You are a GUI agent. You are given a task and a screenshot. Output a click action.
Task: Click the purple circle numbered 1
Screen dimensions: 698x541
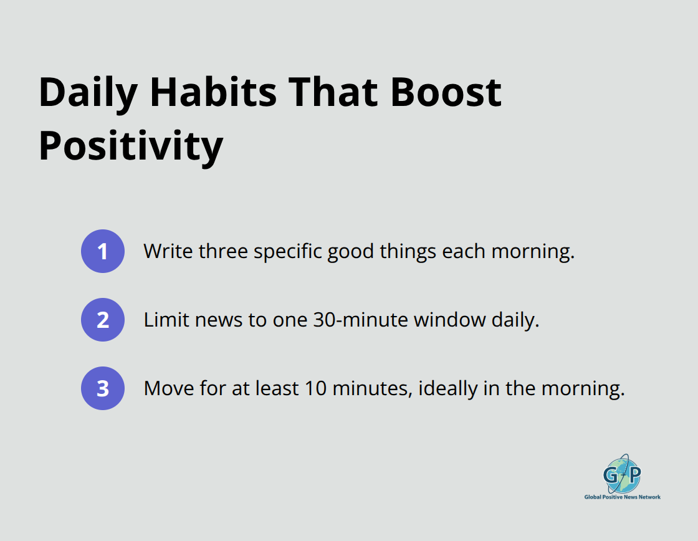pyautogui.click(x=103, y=251)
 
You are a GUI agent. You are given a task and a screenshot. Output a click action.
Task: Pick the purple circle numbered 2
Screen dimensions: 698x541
pyautogui.click(x=103, y=320)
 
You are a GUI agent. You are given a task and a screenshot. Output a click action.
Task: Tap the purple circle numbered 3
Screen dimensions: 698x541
pyautogui.click(x=103, y=388)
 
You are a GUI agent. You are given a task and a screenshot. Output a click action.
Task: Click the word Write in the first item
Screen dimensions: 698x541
pyautogui.click(x=168, y=251)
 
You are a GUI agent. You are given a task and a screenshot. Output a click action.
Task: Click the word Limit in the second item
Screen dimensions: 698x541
pyautogui.click(x=166, y=320)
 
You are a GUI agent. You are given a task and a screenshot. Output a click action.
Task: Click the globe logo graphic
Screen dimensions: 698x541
pyautogui.click(x=621, y=474)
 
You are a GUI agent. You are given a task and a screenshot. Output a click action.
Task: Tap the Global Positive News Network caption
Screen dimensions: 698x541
pyautogui.click(x=622, y=497)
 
